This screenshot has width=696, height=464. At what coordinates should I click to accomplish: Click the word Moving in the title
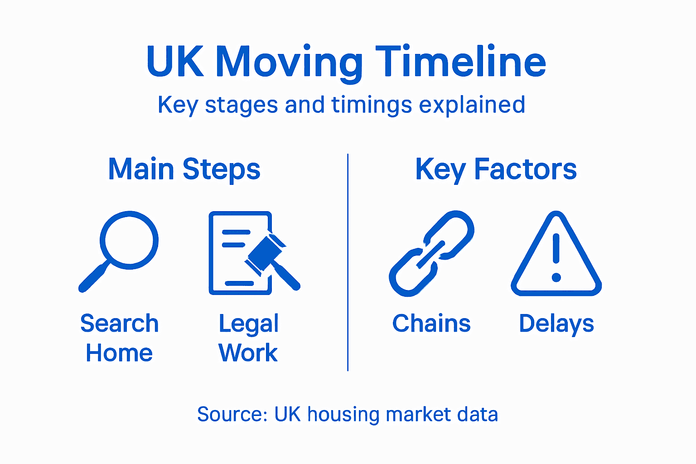click(x=289, y=63)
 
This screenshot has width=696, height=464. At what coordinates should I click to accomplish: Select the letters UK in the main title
click(x=175, y=62)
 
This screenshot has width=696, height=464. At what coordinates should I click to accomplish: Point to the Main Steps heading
click(x=184, y=169)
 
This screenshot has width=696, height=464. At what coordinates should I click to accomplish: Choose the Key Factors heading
click(x=496, y=169)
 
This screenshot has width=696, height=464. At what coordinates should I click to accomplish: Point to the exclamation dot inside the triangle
click(x=556, y=277)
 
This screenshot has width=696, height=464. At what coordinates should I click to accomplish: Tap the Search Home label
click(x=119, y=338)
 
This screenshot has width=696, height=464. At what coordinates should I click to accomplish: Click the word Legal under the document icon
click(x=248, y=324)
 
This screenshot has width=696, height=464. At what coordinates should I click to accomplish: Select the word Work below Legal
click(x=248, y=353)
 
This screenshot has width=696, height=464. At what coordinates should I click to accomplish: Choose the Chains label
click(x=431, y=324)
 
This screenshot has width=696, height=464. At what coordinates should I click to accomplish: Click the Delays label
click(x=556, y=324)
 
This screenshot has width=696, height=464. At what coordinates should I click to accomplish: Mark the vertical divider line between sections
click(x=348, y=263)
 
